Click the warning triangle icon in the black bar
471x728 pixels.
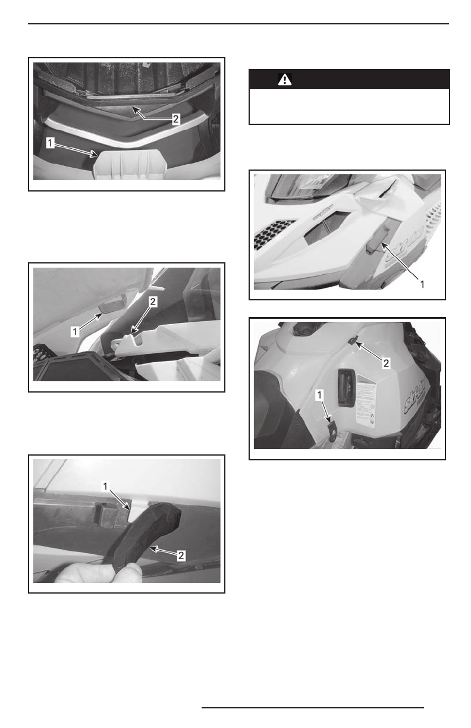(284, 80)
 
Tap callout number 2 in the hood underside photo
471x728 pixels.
(175, 119)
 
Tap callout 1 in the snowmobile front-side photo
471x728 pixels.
(422, 284)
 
